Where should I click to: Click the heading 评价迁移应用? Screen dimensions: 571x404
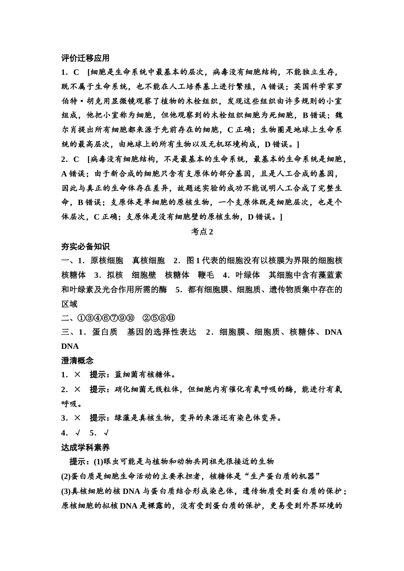point(85,58)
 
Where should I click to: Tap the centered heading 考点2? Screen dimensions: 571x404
point(202,232)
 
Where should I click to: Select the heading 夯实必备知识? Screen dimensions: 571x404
point(85,246)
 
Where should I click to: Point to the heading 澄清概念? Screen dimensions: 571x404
point(77,361)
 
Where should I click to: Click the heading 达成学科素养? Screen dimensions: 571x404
point(85,447)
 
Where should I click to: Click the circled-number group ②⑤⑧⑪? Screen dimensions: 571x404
point(159,318)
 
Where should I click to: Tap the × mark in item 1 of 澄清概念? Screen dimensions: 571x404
point(77,375)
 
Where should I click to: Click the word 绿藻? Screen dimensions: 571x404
point(123,418)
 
